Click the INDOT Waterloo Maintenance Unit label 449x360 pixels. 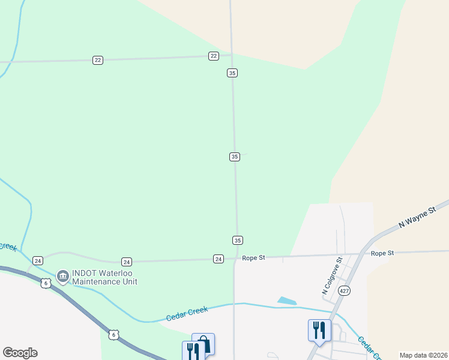coord(104,277)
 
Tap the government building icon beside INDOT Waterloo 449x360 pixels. coord(62,277)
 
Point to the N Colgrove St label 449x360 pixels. coord(331,276)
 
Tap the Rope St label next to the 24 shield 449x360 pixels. coord(253,258)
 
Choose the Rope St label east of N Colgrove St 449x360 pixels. coord(382,253)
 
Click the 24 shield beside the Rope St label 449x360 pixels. coord(218,259)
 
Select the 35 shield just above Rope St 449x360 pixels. coord(237,240)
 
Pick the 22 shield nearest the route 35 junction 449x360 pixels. coord(214,56)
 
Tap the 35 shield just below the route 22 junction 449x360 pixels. coord(232,73)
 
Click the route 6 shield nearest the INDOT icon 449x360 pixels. coord(46,283)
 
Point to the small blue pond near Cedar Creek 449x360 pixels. coord(287,301)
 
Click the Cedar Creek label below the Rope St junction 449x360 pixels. coord(187,313)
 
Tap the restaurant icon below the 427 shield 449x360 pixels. coord(318,330)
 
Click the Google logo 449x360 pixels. coord(20,353)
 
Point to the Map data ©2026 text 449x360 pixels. coord(423,355)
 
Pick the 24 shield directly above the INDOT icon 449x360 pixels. coord(38,260)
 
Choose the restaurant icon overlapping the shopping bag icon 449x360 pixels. coord(193,350)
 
